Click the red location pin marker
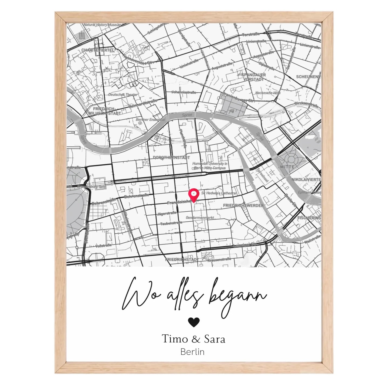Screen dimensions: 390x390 click(x=194, y=194)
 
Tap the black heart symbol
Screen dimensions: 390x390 click(x=194, y=322)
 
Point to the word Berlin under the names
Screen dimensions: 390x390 click(x=192, y=352)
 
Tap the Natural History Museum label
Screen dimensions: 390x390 click(x=102, y=25)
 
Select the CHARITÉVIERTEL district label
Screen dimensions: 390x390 click(x=98, y=50)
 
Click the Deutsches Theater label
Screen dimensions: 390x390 click(x=123, y=95)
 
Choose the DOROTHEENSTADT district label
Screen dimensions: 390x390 click(x=171, y=157)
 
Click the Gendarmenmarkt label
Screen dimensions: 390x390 click(x=200, y=218)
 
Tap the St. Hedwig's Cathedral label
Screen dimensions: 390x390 click(x=219, y=193)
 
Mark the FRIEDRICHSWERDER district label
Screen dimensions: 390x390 click(x=243, y=206)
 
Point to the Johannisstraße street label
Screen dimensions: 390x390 click(x=184, y=92)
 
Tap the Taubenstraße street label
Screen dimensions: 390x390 click(x=171, y=223)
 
